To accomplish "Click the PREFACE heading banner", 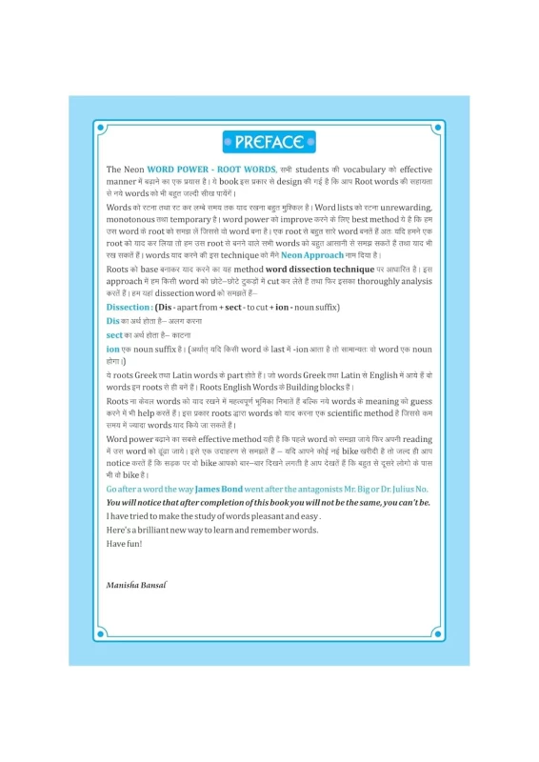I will click(269, 143).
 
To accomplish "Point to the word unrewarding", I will click(405, 207).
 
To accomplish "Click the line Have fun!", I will click(124, 543).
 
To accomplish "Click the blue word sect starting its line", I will click(114, 334).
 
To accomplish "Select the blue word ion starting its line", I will click(112, 349).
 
